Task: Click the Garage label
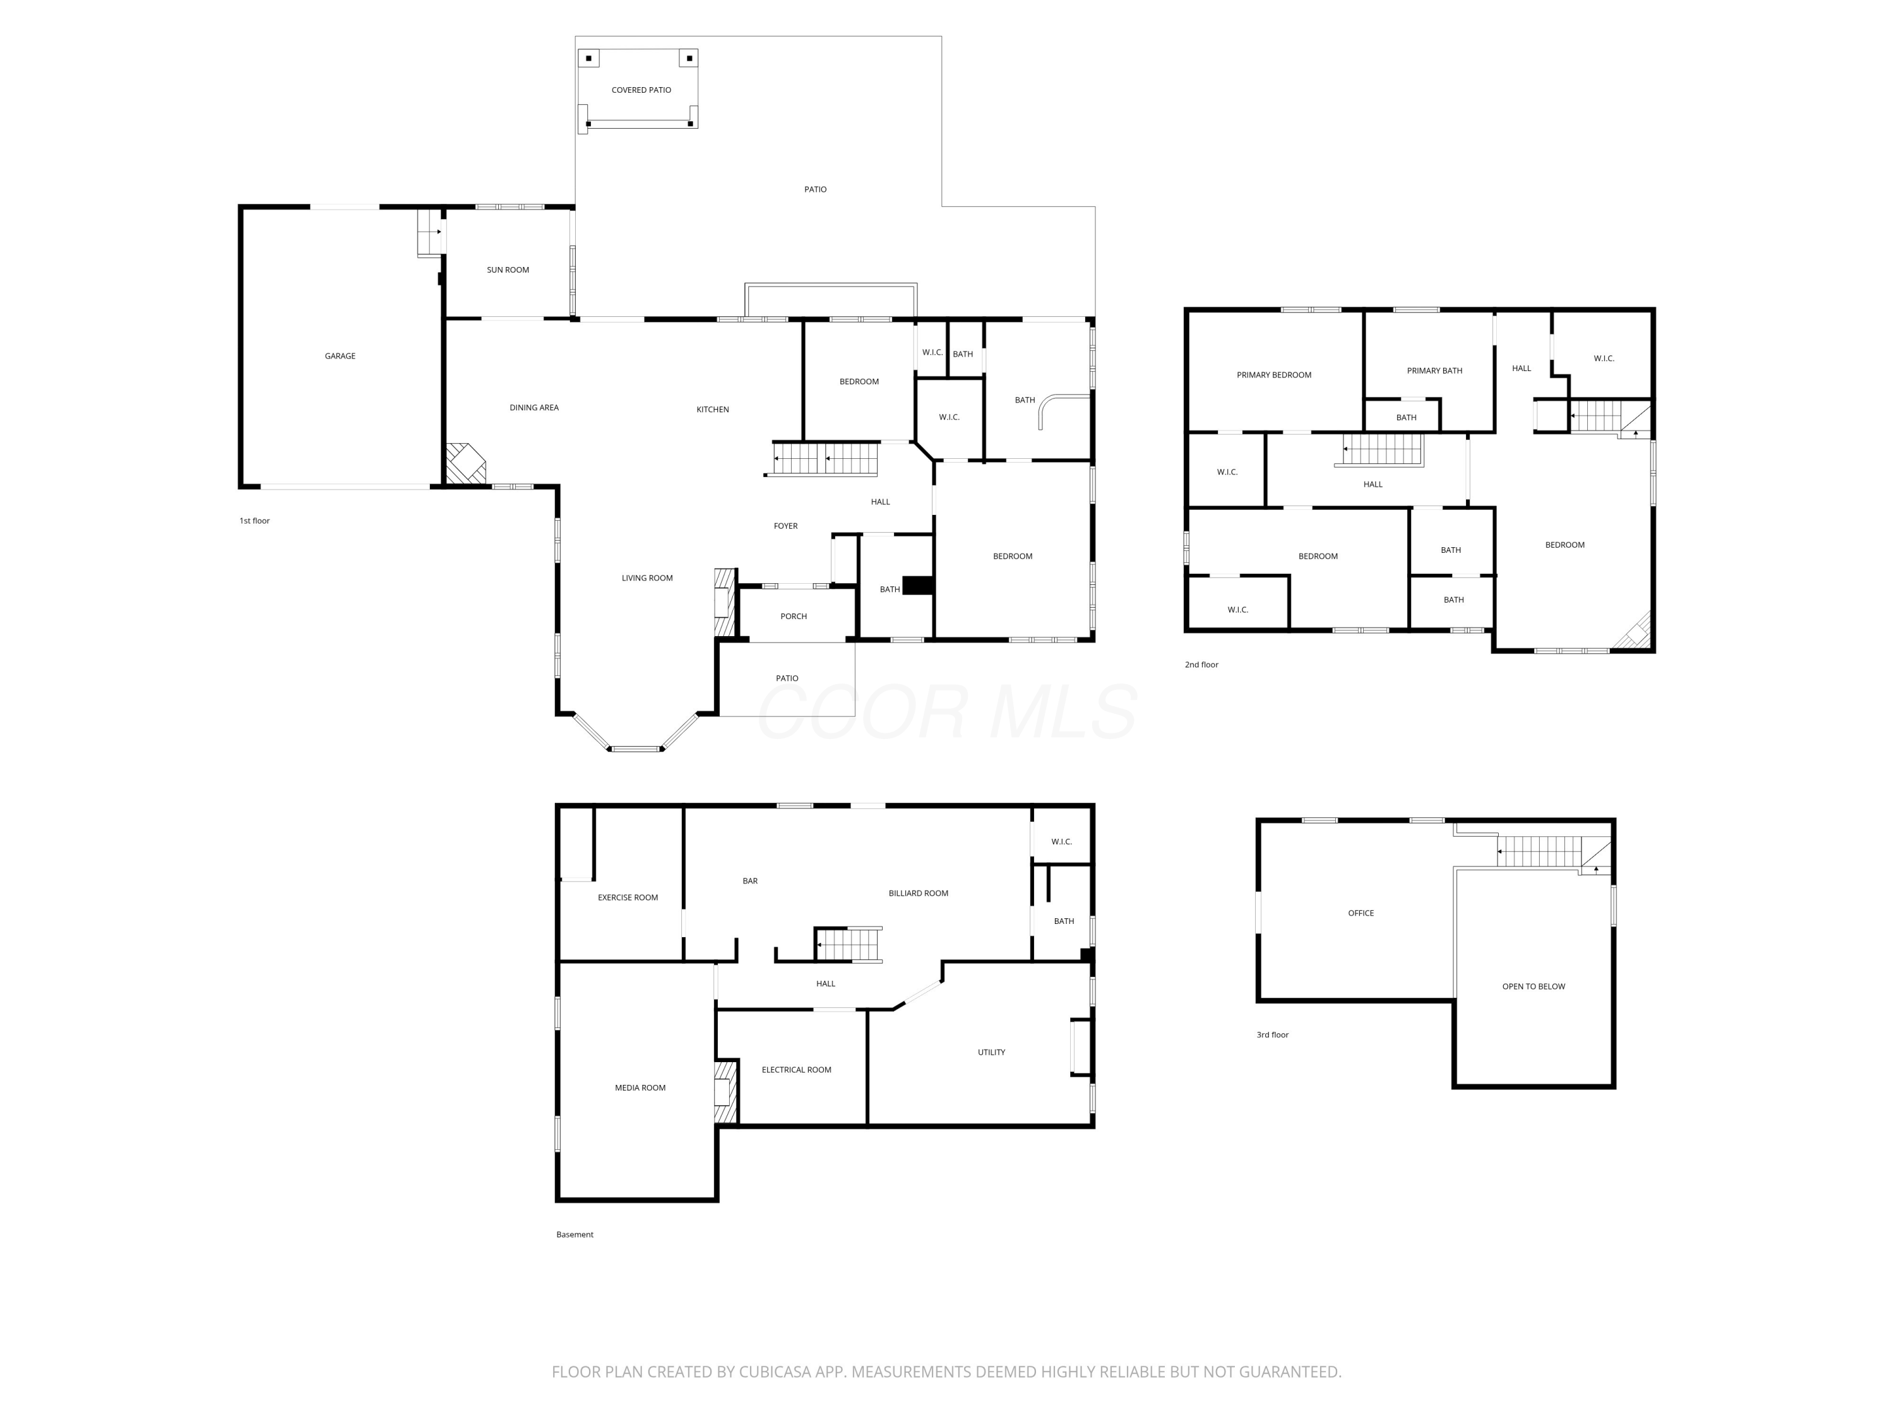click(340, 356)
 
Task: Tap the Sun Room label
click(508, 269)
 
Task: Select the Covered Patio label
click(641, 90)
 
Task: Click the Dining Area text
click(534, 408)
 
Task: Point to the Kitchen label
click(712, 409)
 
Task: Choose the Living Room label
click(647, 577)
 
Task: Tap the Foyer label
click(786, 526)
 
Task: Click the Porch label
click(794, 616)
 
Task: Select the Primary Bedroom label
click(1274, 375)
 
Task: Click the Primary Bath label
click(1435, 370)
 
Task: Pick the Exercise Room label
click(628, 898)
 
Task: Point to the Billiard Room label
click(919, 894)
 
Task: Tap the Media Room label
click(640, 1088)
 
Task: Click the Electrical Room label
click(796, 1070)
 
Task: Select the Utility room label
click(992, 1052)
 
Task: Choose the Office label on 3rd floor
click(1361, 913)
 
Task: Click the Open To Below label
click(1534, 987)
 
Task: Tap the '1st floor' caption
click(254, 521)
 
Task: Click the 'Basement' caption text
click(575, 1234)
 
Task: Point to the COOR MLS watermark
click(947, 711)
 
